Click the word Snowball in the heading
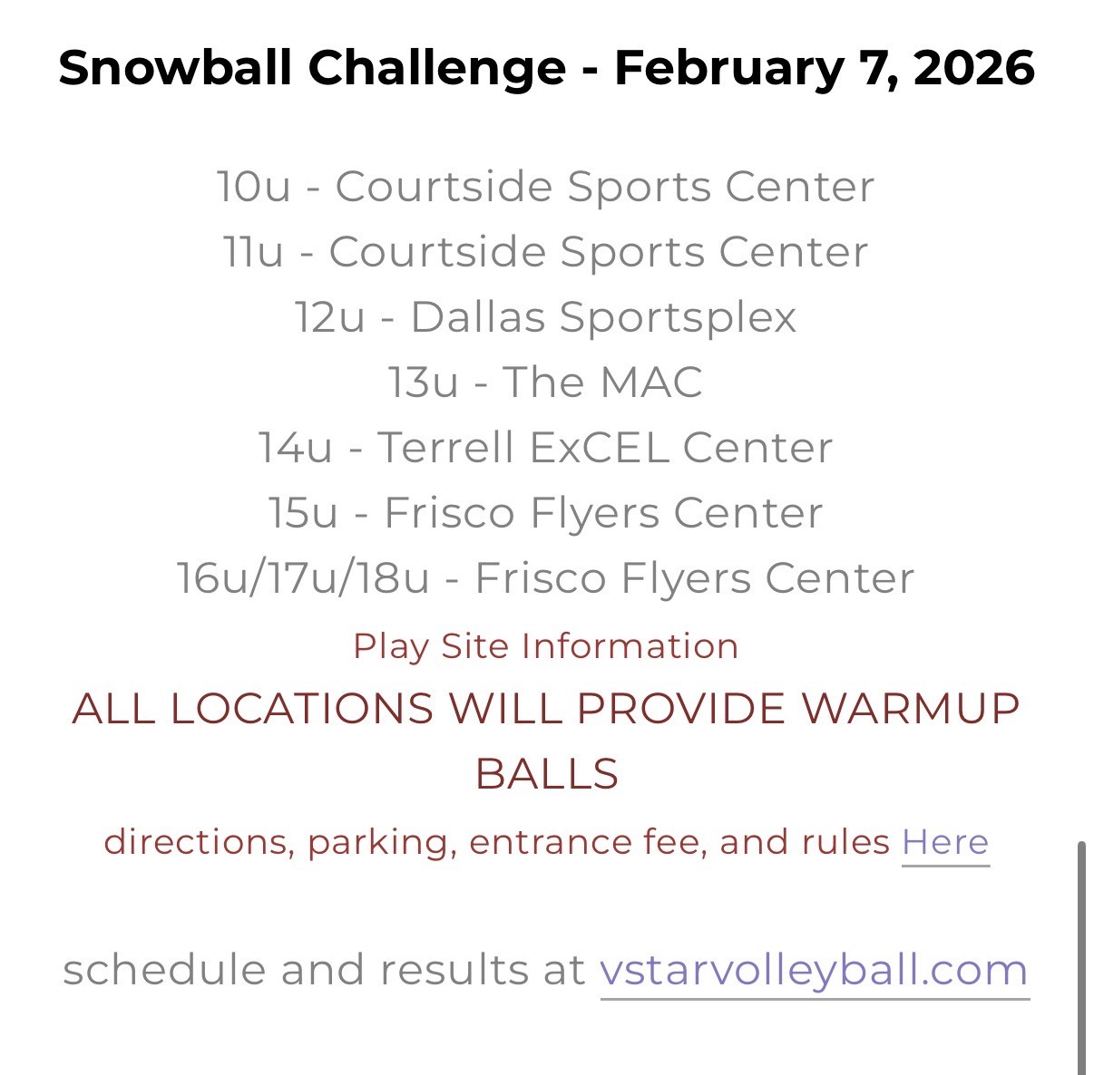(x=175, y=67)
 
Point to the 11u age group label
(x=253, y=251)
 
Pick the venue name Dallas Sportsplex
(x=603, y=317)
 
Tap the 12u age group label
(x=330, y=317)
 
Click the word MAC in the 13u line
(x=651, y=382)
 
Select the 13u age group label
(x=424, y=382)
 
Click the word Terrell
(x=445, y=447)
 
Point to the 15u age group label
(x=303, y=512)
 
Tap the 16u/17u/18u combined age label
(x=303, y=578)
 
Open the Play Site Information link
(x=545, y=646)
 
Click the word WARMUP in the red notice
(x=910, y=709)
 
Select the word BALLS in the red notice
(x=547, y=774)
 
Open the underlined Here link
(x=945, y=842)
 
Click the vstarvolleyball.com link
(x=814, y=971)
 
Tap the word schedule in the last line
(x=164, y=970)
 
